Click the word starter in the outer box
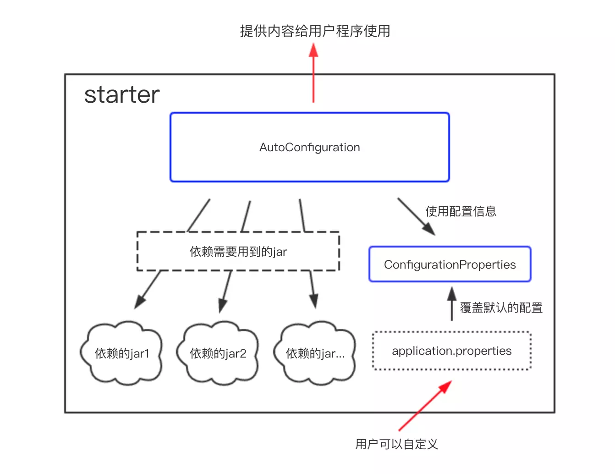click(122, 95)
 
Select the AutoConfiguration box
click(309, 147)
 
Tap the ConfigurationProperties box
click(450, 265)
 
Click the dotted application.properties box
click(451, 351)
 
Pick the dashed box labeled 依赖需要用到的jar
click(238, 252)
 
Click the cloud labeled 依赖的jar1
click(122, 353)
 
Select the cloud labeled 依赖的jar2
click(218, 353)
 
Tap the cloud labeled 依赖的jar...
click(315, 353)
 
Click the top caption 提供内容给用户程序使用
click(315, 31)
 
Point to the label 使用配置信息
click(461, 211)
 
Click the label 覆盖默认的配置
click(501, 308)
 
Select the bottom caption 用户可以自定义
click(396, 444)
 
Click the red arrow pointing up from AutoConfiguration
click(313, 73)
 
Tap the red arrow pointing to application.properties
click(425, 406)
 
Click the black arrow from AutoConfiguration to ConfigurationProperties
click(416, 216)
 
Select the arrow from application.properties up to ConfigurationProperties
click(452, 304)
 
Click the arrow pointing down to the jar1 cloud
click(148, 289)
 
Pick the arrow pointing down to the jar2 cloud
click(226, 291)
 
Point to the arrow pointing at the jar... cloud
click(313, 289)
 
